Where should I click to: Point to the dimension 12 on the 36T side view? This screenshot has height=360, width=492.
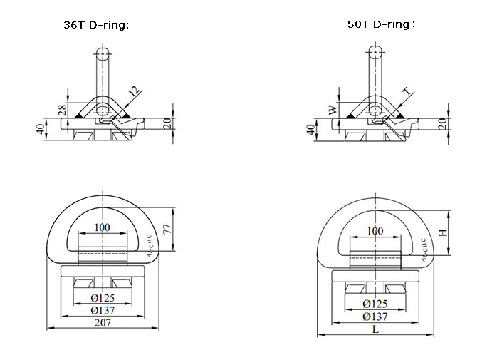(x=134, y=91)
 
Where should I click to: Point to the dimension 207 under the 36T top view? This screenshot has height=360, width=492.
(x=105, y=323)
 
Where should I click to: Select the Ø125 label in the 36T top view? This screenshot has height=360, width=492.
(x=105, y=298)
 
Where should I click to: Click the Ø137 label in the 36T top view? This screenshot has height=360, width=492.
(x=105, y=310)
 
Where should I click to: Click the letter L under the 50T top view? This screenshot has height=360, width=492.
(x=375, y=330)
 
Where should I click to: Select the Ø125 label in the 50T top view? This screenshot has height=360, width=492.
(x=375, y=304)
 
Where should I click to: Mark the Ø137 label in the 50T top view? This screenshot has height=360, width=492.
(x=375, y=316)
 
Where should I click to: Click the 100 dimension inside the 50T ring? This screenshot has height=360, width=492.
(x=375, y=232)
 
